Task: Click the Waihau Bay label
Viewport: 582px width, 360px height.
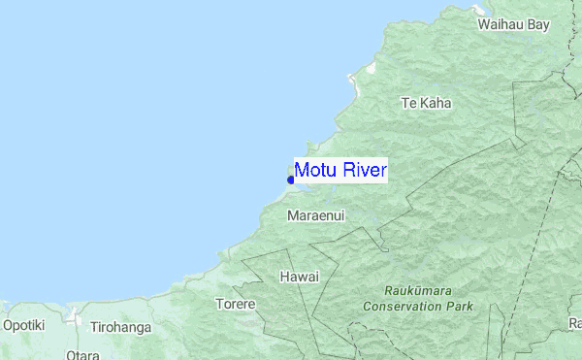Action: tap(513, 24)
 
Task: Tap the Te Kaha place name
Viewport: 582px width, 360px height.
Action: tap(426, 102)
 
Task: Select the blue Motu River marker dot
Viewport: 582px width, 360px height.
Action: tap(291, 180)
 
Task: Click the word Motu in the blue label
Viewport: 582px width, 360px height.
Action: tap(315, 171)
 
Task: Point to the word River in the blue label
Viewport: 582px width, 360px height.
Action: tap(363, 171)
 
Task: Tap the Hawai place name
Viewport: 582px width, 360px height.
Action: tap(299, 277)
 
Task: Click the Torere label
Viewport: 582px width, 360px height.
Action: tap(235, 304)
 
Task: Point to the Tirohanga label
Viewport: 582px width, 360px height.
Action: tap(120, 328)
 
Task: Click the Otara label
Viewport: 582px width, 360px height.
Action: tap(83, 355)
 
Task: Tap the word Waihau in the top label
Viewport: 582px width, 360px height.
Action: tap(500, 24)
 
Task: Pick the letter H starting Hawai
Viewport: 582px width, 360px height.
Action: tap(284, 277)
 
